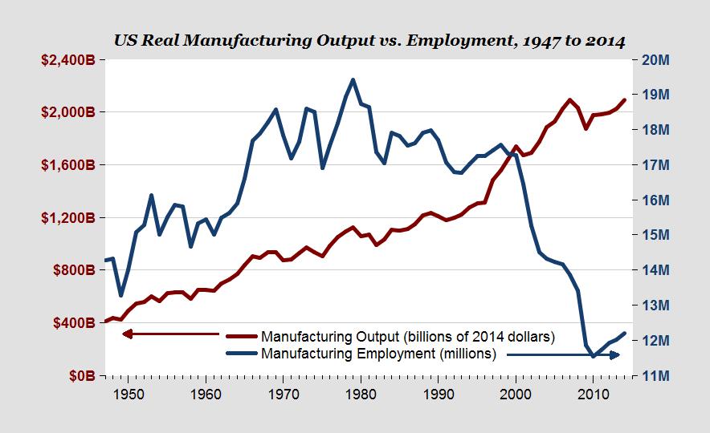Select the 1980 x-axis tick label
361,394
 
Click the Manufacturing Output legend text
408,336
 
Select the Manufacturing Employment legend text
378,353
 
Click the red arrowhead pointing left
126,334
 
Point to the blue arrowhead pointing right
614,354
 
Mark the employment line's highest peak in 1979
353,79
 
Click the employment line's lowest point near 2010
594,356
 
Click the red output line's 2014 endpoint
625,100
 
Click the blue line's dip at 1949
120,295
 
